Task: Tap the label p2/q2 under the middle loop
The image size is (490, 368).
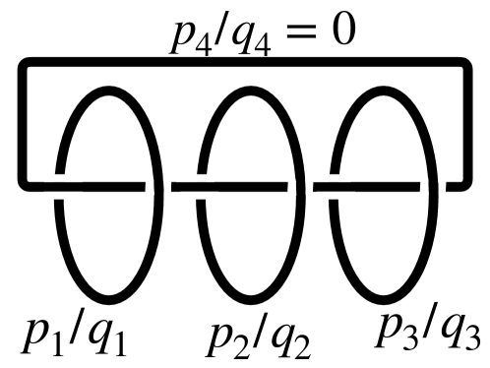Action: (x=258, y=337)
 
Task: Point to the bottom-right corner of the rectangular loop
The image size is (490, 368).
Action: (x=463, y=184)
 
